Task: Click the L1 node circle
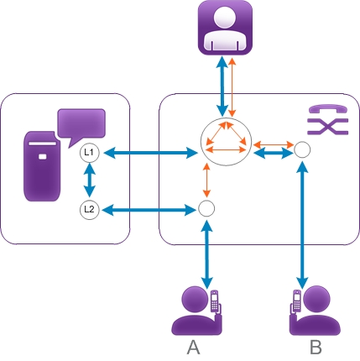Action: [90, 153]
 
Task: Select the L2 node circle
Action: [90, 210]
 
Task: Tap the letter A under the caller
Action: [193, 348]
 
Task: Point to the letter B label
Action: [316, 348]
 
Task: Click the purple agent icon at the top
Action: [225, 28]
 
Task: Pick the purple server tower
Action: [42, 166]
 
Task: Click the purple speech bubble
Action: [81, 126]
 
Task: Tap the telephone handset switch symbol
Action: [328, 120]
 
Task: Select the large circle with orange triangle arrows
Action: [226, 142]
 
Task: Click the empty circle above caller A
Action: [206, 208]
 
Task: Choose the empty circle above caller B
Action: [302, 149]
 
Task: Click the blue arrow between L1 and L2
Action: [90, 181]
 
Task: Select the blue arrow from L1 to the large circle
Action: [150, 153]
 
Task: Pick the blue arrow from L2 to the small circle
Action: [149, 210]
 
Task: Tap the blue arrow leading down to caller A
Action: [206, 254]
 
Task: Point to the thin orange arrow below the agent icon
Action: [232, 86]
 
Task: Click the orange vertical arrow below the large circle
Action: [206, 180]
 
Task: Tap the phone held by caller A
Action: [215, 301]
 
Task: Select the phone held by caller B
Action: [297, 301]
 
